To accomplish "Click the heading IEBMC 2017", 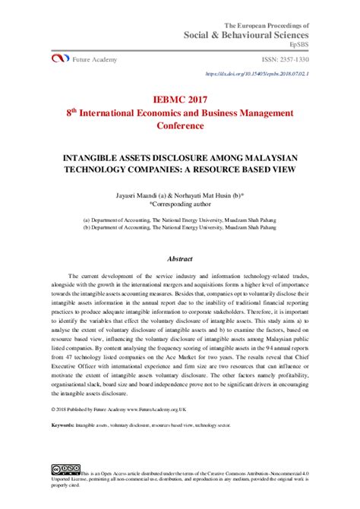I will coord(180,99).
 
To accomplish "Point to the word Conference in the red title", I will coord(180,126).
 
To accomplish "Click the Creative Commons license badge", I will coord(66,469).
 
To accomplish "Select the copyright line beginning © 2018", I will coord(126,409).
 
